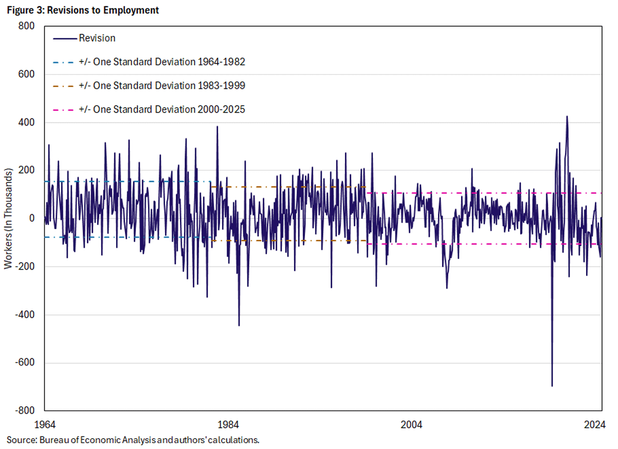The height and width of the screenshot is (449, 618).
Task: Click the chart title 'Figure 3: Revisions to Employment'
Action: click(x=82, y=10)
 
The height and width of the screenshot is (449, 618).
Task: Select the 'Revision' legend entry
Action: click(x=96, y=39)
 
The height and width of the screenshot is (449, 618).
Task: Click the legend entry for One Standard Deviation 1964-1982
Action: click(x=162, y=62)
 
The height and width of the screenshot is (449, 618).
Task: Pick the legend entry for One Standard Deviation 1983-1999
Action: click(x=162, y=85)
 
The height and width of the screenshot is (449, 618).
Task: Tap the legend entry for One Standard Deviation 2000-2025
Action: click(x=162, y=109)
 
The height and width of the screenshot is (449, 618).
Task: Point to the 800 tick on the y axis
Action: click(x=27, y=27)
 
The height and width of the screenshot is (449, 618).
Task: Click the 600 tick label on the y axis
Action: click(x=27, y=75)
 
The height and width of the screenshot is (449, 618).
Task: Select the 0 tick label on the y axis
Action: click(x=31, y=219)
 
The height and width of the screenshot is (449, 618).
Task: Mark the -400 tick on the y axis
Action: click(x=25, y=315)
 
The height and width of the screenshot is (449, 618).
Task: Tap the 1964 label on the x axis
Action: click(x=45, y=424)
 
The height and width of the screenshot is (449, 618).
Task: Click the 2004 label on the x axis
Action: click(x=411, y=424)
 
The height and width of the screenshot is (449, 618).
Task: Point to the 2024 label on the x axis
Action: click(x=594, y=424)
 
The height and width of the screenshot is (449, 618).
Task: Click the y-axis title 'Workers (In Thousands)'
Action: click(x=8, y=219)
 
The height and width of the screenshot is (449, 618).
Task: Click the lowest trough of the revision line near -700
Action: click(x=552, y=386)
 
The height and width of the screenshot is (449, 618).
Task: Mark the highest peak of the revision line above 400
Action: click(x=567, y=117)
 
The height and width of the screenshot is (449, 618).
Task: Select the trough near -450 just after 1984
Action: click(x=239, y=325)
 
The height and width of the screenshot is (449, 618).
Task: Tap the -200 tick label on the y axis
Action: click(x=25, y=267)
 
